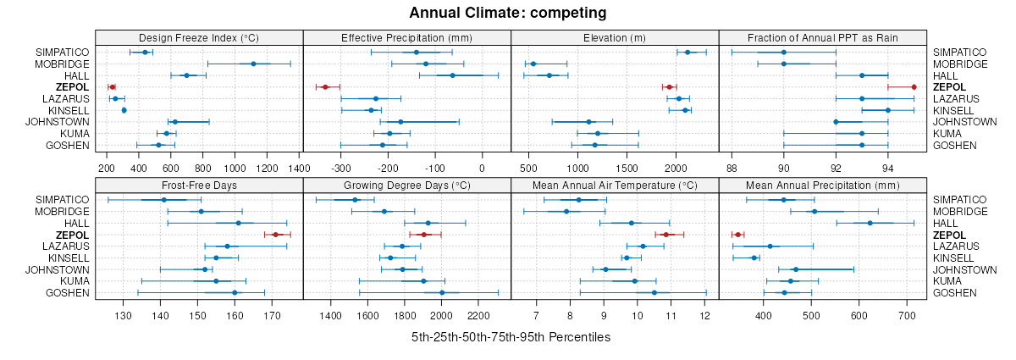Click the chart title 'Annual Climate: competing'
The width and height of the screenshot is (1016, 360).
coord(507,13)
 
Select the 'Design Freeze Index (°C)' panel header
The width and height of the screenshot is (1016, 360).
coord(199,37)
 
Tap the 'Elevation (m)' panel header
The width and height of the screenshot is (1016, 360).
coord(615,37)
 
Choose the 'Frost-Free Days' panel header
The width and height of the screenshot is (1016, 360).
coord(199,185)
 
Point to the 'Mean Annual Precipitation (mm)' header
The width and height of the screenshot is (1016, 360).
coord(822,185)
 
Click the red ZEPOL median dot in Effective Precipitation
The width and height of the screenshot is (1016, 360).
coord(325,87)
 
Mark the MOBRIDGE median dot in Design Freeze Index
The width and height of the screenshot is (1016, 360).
coord(253,64)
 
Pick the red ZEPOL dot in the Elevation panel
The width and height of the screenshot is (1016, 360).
coord(669,87)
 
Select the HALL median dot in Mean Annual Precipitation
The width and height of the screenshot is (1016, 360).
coord(870,223)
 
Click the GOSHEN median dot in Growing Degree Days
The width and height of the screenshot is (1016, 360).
coord(442,292)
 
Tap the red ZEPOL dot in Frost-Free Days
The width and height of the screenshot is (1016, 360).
coord(275,235)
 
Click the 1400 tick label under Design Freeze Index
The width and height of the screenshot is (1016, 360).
coord(299,168)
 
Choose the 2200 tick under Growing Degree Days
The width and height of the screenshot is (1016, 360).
coord(478,315)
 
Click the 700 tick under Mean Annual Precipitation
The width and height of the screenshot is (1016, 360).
coord(908,315)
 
